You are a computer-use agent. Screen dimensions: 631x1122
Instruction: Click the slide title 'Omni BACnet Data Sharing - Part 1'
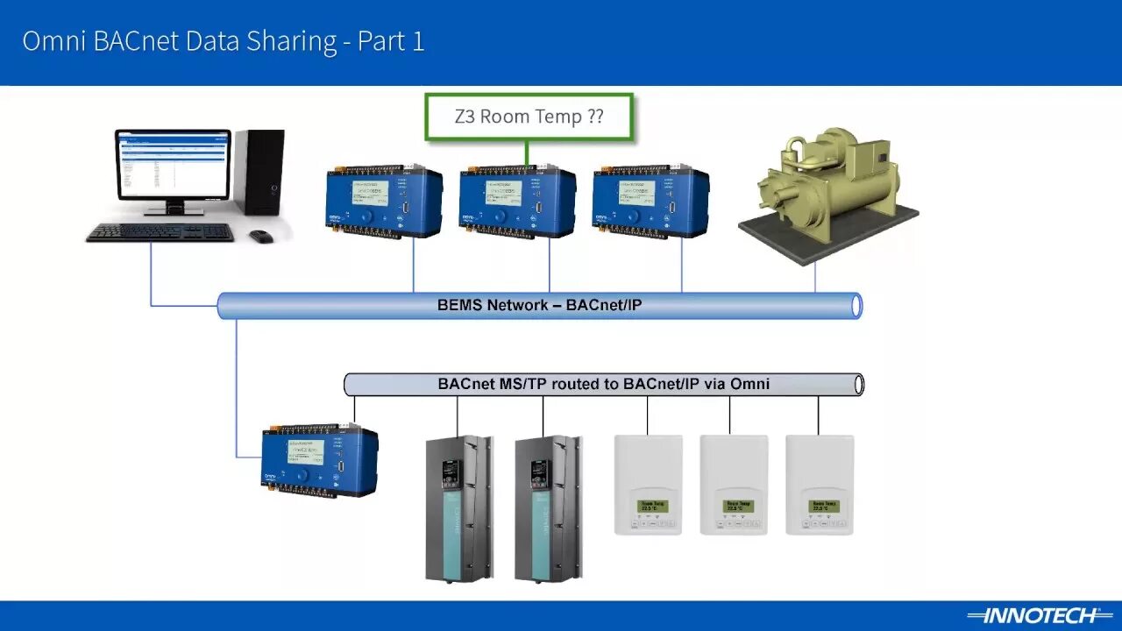(224, 42)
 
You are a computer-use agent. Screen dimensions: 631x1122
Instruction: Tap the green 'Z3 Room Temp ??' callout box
(529, 117)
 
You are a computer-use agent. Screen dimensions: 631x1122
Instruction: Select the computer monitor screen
(173, 165)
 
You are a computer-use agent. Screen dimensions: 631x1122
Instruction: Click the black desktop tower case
(260, 172)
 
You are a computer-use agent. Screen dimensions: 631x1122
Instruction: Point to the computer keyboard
(160, 232)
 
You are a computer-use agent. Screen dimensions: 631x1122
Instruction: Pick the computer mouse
(260, 236)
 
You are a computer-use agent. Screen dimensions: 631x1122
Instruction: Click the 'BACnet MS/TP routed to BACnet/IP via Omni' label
(603, 383)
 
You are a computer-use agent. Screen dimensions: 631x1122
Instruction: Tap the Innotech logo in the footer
(1032, 615)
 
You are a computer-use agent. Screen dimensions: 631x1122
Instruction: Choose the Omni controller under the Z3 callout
(517, 202)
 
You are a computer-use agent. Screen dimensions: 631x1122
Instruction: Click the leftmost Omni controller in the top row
(384, 202)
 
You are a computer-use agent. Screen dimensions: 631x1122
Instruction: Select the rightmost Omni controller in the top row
(650, 202)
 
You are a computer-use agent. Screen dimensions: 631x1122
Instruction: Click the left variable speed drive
(458, 508)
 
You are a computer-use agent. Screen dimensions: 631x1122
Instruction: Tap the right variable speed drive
(548, 508)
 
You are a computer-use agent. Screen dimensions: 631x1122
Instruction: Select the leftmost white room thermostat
(648, 485)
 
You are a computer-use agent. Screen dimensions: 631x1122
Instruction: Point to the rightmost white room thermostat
(820, 485)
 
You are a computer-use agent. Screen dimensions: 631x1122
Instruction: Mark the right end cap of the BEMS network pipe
(856, 305)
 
